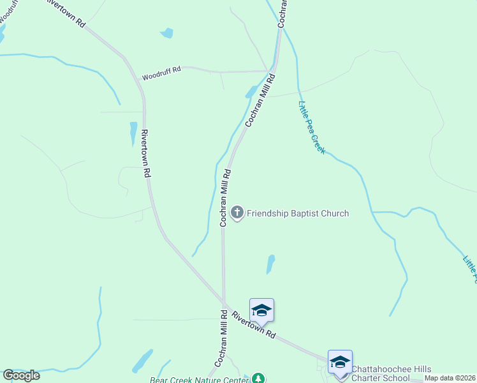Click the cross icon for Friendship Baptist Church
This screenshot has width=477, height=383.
pos(237,213)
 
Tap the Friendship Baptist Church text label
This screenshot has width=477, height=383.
pos(298,213)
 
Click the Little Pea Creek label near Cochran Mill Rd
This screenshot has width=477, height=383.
pos(312,128)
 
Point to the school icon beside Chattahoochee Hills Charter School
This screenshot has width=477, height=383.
pos(340,362)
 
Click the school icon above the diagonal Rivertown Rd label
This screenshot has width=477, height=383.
pos(261,310)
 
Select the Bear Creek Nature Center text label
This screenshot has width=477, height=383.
pos(198,380)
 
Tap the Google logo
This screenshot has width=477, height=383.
pos(21,375)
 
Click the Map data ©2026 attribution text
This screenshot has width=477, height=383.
pos(450,378)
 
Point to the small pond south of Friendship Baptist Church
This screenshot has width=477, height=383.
pos(270,264)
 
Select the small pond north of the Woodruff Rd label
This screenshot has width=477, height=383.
pos(166,33)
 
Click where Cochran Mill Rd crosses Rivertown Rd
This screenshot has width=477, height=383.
pos(224,301)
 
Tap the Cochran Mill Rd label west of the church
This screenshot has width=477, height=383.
pos(224,198)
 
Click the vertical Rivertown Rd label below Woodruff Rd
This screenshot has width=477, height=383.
pos(146,153)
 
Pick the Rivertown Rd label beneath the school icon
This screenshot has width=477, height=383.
pos(254,325)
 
